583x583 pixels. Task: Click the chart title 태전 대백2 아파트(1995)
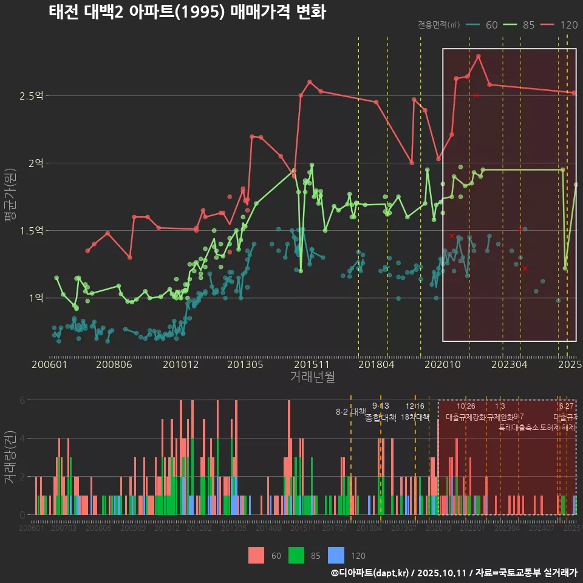(x=187, y=13)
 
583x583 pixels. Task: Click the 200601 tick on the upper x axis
(x=49, y=365)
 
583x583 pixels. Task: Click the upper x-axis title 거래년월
(x=312, y=377)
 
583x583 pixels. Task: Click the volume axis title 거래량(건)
(x=10, y=457)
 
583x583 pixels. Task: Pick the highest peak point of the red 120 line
(x=479, y=56)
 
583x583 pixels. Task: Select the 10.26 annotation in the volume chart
(x=466, y=406)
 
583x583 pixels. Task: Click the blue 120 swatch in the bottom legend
(x=336, y=555)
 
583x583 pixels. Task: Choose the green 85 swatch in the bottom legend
(x=296, y=555)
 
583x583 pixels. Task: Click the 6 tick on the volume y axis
(x=22, y=400)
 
